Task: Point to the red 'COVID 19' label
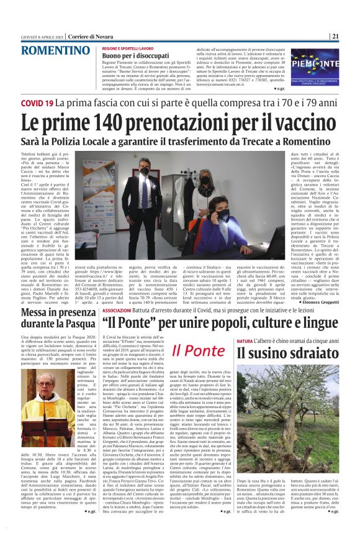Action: (x=37, y=101)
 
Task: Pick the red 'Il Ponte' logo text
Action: (x=198, y=350)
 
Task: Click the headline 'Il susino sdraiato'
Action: (x=286, y=354)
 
